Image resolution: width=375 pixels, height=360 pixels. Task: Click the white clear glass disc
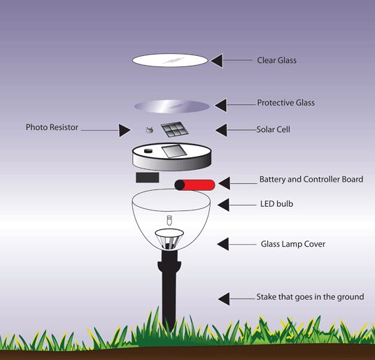point(170,61)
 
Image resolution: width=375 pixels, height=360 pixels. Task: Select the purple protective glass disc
point(171,106)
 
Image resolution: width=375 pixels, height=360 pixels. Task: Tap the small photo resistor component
point(148,129)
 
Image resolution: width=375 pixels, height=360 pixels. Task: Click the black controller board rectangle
point(147,178)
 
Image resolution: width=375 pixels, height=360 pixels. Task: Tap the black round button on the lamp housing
point(148,150)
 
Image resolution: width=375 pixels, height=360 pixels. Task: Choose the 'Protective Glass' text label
point(285,103)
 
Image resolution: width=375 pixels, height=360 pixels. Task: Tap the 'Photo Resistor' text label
point(52,128)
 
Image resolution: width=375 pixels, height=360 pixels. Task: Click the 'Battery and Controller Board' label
point(311,180)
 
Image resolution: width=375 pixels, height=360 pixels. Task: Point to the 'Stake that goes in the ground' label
point(310,297)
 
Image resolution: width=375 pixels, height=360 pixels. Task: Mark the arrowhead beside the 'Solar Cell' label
point(221,129)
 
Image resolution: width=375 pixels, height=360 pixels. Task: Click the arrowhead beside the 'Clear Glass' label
point(218,61)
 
